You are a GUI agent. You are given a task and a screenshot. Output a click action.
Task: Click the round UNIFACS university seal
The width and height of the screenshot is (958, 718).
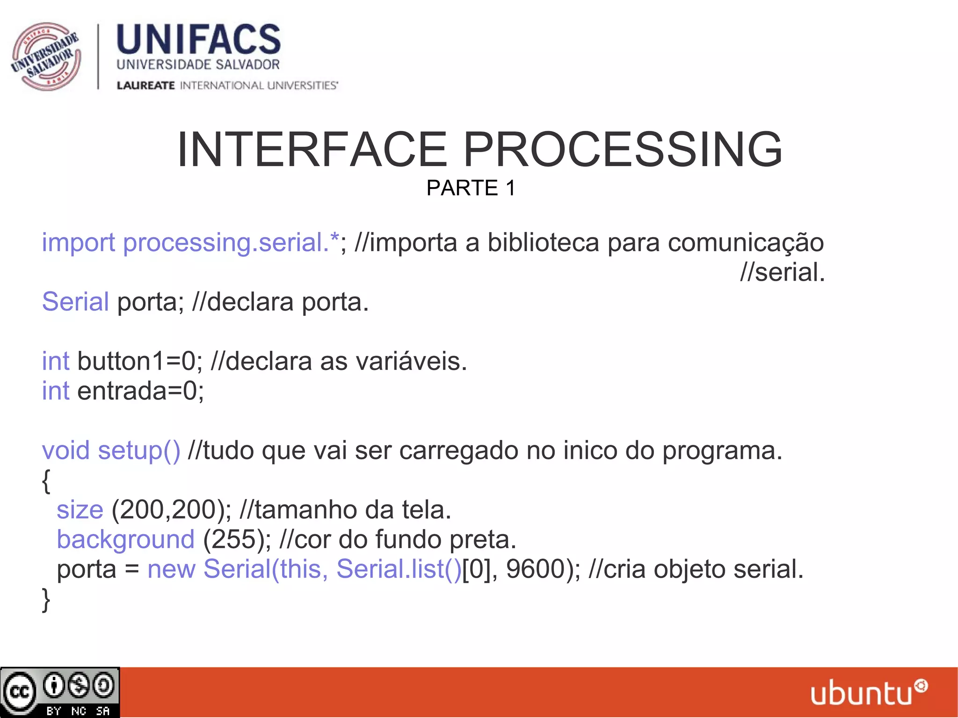(46, 56)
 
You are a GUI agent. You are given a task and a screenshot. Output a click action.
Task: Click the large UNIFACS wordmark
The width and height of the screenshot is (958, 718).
(198, 40)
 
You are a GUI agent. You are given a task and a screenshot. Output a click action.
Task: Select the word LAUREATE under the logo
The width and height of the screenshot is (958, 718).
(145, 86)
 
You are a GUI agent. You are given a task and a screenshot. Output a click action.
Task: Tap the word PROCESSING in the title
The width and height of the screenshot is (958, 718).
(623, 150)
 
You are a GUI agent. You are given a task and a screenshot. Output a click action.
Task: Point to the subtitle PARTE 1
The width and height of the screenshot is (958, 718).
(471, 188)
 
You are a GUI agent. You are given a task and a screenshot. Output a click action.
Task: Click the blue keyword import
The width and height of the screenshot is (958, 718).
(78, 243)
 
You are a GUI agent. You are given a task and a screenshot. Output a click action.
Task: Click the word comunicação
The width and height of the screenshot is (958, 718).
(746, 243)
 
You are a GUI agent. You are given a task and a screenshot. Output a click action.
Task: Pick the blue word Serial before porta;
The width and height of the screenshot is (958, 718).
(75, 302)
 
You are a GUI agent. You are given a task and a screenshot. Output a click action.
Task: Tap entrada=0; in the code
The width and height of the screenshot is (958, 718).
(140, 391)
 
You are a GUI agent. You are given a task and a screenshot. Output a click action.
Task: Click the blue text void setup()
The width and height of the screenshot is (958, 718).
(111, 450)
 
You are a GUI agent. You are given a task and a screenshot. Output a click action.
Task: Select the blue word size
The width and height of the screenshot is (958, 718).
(80, 509)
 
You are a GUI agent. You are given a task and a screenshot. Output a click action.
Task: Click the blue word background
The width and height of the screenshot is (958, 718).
(125, 539)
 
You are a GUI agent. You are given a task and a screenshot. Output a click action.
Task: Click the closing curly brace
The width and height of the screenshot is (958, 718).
(46, 600)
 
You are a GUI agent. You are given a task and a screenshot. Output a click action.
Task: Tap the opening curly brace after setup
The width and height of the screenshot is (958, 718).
(46, 481)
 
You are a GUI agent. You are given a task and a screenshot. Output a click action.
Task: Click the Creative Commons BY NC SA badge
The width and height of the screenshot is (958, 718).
(60, 692)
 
